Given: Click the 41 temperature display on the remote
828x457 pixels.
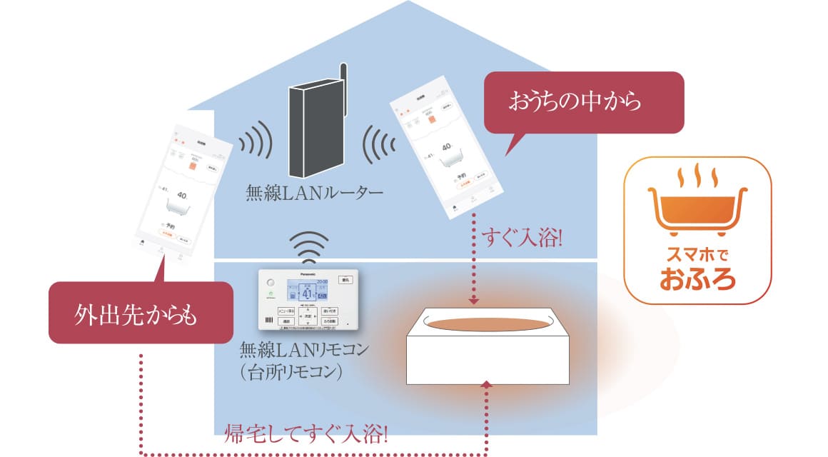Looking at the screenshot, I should [x=306, y=293].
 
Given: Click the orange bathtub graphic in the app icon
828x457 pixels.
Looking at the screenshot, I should [x=697, y=208].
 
